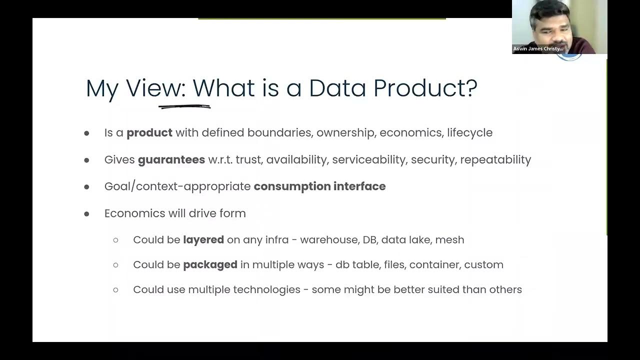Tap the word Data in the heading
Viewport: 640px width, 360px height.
337,88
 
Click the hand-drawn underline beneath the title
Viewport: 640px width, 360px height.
184,106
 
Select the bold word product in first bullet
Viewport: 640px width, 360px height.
149,132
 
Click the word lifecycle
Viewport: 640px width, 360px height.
469,132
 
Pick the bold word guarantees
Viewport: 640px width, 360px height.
171,159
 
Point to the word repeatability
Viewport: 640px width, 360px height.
495,159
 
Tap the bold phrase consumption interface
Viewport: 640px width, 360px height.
319,186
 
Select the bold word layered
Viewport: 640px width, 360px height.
203,239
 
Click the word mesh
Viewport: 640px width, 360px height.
449,239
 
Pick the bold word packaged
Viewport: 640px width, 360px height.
210,264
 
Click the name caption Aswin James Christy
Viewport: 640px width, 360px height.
538,49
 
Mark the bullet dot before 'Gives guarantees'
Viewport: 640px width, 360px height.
86,160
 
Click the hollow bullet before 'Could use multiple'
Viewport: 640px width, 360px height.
116,289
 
